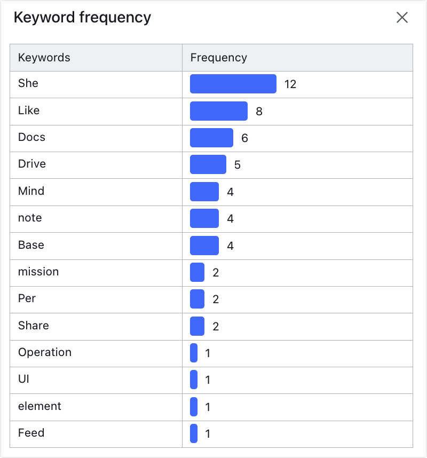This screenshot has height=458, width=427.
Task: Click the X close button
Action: point(402,18)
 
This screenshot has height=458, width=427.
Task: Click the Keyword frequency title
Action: point(82,18)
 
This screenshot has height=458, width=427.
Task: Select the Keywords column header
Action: point(44,58)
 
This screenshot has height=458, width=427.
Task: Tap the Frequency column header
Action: point(219,58)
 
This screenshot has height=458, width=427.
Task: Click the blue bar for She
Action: point(233,84)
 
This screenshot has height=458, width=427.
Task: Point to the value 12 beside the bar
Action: point(290,84)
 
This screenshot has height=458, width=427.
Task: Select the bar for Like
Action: point(219,111)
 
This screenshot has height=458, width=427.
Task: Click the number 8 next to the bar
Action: point(259,112)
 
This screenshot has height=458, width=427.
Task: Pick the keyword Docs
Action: point(31,137)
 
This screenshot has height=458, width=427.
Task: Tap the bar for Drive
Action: point(208,164)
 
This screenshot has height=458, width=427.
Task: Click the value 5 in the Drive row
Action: point(238,165)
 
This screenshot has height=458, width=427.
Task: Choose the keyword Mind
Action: point(31,191)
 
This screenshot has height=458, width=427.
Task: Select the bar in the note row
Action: point(204,218)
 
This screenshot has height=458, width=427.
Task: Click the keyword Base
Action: point(31,245)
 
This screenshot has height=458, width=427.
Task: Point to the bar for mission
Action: point(197,272)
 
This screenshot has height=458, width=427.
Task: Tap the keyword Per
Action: point(27,298)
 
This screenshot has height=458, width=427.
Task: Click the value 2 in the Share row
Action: point(216,327)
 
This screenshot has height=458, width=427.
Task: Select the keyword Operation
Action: point(45,352)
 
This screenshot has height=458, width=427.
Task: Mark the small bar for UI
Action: point(194,380)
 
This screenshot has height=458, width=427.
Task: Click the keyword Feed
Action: point(31,433)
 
